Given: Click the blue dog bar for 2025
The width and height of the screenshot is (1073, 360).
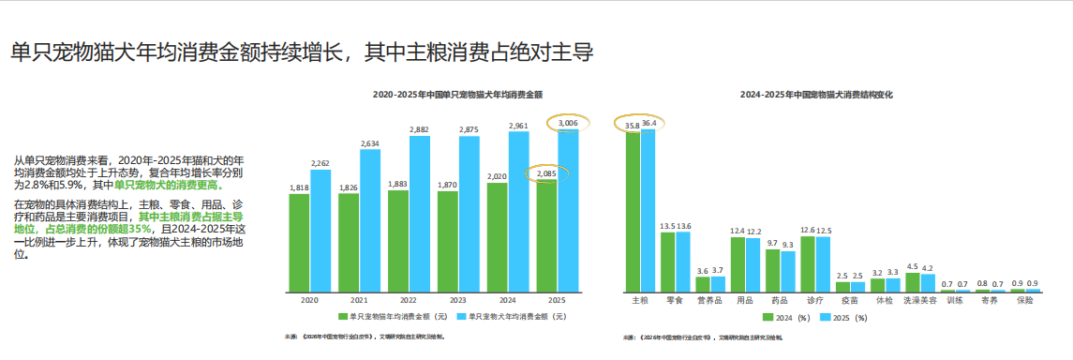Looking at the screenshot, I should click(568, 211).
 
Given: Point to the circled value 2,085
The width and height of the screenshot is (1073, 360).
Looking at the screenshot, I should click(546, 173).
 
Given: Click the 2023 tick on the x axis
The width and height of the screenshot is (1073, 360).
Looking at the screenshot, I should click(457, 301).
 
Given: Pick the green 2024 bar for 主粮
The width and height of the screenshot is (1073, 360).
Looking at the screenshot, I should click(633, 212).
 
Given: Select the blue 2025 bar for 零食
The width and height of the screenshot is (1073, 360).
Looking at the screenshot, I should click(682, 262).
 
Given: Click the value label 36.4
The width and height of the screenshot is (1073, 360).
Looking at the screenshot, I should click(648, 123).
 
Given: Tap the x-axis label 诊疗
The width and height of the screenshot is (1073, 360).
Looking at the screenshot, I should click(814, 301).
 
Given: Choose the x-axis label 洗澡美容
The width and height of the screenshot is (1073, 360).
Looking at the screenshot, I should click(919, 301).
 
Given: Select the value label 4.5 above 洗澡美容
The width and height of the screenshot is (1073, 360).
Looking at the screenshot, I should click(912, 266).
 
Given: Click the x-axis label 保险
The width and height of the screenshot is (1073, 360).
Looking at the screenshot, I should click(1024, 301).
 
